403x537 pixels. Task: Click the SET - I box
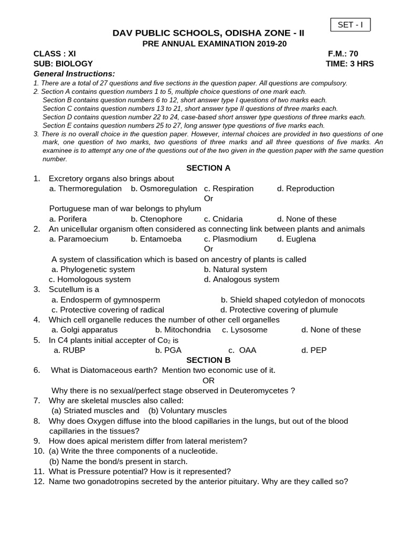point(350,25)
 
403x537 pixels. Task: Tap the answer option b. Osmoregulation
point(164,189)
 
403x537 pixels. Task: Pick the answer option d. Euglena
point(296,239)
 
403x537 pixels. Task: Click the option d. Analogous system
point(241,280)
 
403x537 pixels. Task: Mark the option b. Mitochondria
point(183,330)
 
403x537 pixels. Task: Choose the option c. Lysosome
point(245,330)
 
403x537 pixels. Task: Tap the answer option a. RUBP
point(69,350)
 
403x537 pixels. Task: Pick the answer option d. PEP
point(314,350)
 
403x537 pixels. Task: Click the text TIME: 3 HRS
point(349,64)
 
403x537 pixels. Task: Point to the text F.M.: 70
point(343,53)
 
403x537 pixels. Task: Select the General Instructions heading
point(74,74)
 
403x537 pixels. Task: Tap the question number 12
point(38,481)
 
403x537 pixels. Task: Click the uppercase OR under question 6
point(208,381)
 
